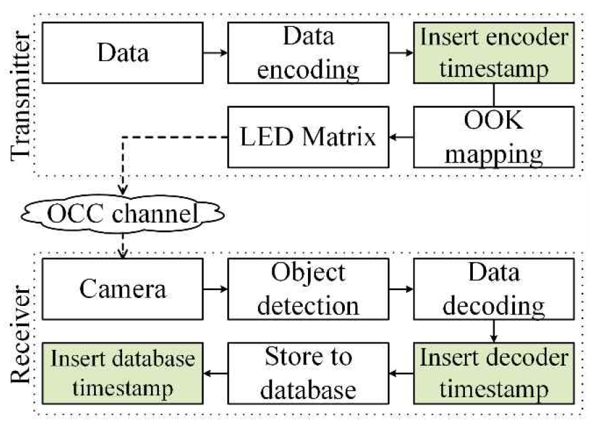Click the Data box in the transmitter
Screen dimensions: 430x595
click(123, 53)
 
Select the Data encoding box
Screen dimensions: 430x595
click(308, 53)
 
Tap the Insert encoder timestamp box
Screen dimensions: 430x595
click(493, 53)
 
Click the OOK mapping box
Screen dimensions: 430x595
click(493, 138)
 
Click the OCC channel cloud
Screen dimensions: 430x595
click(122, 214)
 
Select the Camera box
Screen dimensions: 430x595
click(123, 288)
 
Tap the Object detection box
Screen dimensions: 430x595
click(308, 288)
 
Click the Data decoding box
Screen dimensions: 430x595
click(493, 288)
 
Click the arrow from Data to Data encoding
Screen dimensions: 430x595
click(215, 53)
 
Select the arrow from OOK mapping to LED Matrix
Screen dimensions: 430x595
click(401, 138)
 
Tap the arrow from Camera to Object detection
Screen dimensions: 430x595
click(215, 288)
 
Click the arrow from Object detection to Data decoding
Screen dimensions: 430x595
click(401, 288)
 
